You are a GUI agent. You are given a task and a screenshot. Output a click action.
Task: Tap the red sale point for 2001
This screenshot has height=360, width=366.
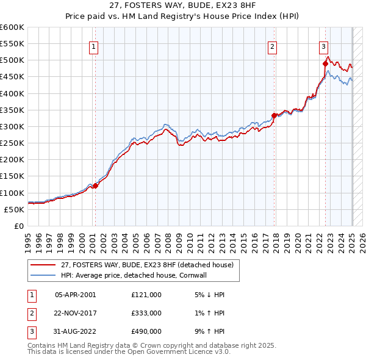pos(95,185)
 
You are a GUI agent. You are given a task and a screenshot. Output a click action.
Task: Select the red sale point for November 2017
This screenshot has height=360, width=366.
pos(274,115)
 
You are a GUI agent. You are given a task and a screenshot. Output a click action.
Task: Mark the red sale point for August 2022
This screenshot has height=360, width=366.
pos(325,63)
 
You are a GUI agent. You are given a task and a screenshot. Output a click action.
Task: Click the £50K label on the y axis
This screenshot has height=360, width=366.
pos(14,209)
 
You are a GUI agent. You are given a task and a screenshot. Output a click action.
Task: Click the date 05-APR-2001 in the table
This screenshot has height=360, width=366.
pos(76,295)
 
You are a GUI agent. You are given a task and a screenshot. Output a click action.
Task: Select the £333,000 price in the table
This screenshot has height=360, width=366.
pos(146,312)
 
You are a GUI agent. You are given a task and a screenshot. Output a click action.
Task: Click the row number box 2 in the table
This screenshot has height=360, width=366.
pos(30,312)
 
